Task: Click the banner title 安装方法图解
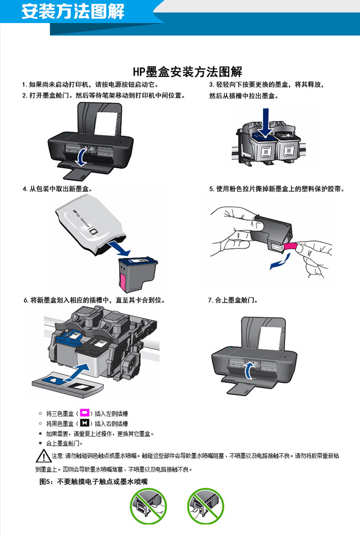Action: click(73, 12)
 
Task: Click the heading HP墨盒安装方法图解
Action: click(188, 72)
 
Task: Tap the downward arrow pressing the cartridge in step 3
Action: click(265, 123)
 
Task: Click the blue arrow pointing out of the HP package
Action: click(119, 248)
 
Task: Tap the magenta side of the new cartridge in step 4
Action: click(123, 280)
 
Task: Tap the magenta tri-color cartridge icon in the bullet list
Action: click(84, 413)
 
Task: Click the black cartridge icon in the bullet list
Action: click(84, 423)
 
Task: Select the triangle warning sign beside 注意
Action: click(44, 456)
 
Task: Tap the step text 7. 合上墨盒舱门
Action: click(233, 300)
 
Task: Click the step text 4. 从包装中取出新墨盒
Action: click(58, 189)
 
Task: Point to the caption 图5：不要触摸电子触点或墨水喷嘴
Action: click(94, 481)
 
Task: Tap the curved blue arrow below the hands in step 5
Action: click(280, 261)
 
